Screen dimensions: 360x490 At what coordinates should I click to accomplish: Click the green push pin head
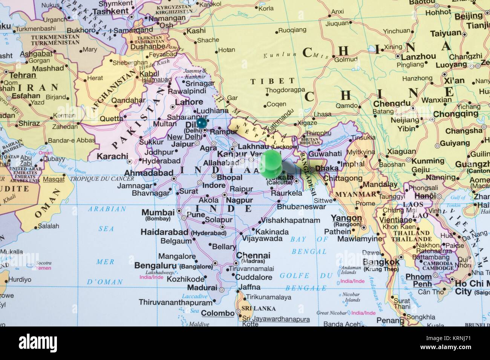tap(270, 161)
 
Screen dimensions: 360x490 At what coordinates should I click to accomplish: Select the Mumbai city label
tap(158, 212)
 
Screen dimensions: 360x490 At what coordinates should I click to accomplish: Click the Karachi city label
tap(112, 156)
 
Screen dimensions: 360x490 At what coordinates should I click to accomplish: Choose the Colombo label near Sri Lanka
tap(217, 313)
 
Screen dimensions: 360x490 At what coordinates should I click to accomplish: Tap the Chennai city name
tap(253, 255)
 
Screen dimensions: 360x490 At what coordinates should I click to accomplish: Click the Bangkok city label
tap(381, 262)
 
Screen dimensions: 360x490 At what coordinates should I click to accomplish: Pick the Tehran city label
tap(23, 75)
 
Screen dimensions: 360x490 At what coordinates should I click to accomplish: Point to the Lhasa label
tap(322, 114)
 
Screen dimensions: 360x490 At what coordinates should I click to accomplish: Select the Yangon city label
tap(346, 218)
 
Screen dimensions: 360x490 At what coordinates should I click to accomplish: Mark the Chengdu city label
tap(392, 104)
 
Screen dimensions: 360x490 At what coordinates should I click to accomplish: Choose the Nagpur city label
tap(239, 201)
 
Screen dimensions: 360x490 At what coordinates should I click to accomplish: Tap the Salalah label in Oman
tap(49, 226)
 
